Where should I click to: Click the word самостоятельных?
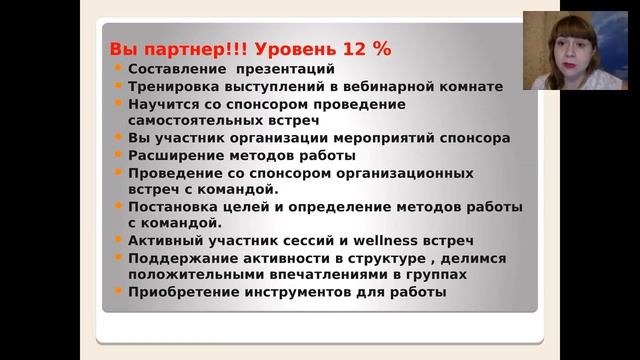click(x=194, y=121)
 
